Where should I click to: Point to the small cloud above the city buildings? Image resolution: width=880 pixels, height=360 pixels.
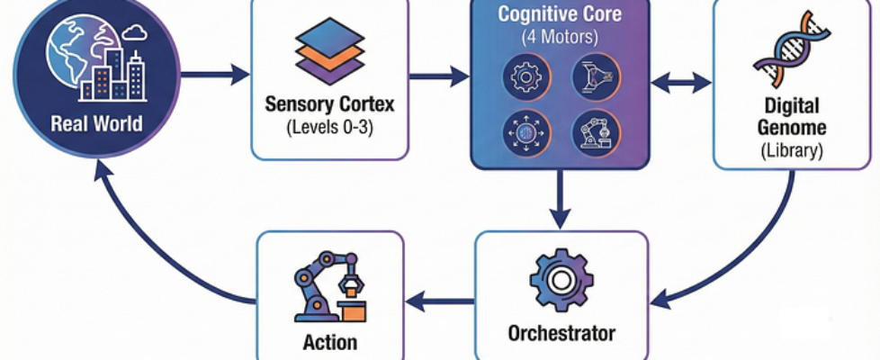135,34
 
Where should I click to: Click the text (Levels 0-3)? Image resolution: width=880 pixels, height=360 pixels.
328,126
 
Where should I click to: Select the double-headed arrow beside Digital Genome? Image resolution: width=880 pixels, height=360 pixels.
680,83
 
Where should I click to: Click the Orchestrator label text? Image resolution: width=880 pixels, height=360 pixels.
561,334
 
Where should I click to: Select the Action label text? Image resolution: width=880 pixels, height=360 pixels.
329,342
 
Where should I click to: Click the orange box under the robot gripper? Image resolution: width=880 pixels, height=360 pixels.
354,312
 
